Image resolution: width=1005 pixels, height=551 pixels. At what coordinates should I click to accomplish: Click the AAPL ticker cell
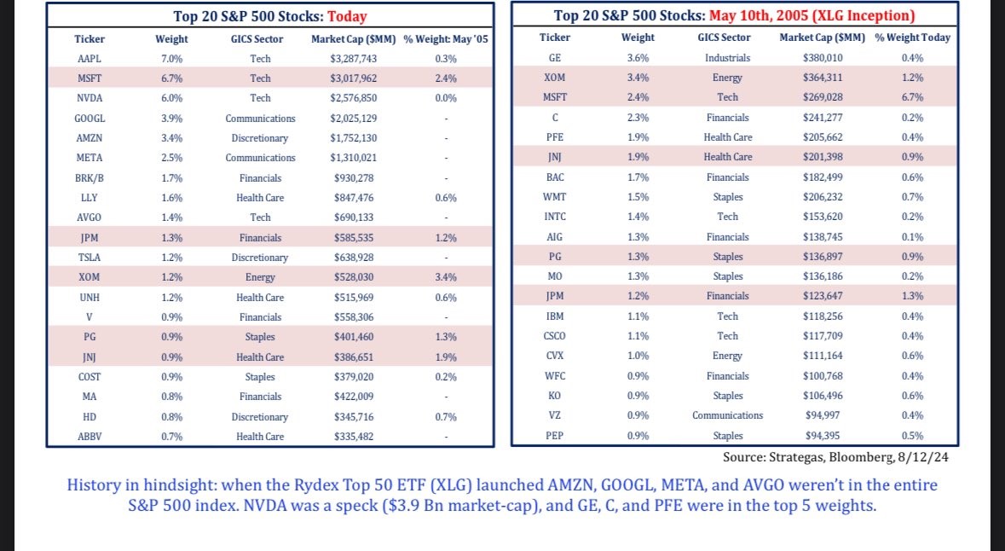tap(89, 58)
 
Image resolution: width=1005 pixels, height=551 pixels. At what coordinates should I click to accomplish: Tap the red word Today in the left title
tap(348, 15)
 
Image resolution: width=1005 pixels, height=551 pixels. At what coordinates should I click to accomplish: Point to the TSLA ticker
tap(89, 257)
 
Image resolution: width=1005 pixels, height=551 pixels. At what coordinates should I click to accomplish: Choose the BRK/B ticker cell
tap(89, 177)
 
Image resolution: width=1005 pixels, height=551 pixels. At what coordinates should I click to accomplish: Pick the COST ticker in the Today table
tap(89, 376)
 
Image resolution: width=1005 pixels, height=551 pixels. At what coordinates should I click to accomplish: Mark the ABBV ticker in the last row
tap(89, 437)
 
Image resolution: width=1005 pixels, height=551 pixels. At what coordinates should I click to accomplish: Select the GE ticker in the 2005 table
tap(554, 57)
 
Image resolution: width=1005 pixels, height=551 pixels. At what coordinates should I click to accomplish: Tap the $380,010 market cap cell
tap(823, 57)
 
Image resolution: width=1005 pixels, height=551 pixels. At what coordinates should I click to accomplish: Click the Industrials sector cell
tap(727, 57)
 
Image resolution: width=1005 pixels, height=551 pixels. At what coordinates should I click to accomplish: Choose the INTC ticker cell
tap(554, 217)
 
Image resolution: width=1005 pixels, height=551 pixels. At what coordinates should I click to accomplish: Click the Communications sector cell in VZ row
tap(727, 415)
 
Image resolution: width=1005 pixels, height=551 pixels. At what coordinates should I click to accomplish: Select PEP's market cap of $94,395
tap(823, 436)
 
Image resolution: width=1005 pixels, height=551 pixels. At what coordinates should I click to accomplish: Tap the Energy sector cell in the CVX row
tap(727, 356)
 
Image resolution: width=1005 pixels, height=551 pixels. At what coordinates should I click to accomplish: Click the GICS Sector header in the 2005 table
tap(724, 38)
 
